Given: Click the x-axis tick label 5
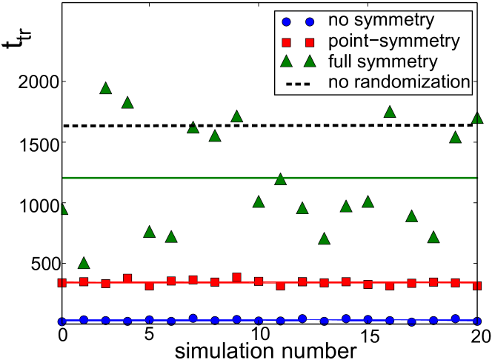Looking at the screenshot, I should tap(149, 336).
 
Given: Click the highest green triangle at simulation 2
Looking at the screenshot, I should tap(105, 88).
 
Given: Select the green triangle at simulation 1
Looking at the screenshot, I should tap(84, 263).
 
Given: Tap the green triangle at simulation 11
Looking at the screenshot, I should tap(280, 179).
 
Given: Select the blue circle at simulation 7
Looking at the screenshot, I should tap(193, 319).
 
